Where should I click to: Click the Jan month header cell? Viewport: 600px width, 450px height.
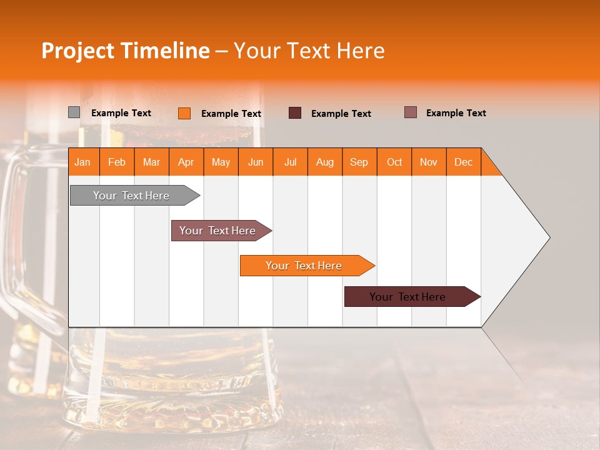(83, 162)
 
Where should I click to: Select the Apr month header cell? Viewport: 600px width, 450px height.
(186, 162)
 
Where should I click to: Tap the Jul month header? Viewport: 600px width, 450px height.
(290, 162)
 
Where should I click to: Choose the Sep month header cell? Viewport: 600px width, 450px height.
(359, 162)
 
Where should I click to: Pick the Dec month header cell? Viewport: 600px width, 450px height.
(463, 162)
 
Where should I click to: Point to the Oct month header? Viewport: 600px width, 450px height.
(394, 162)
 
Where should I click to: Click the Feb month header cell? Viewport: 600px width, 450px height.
(117, 162)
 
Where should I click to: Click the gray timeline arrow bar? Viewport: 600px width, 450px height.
(131, 196)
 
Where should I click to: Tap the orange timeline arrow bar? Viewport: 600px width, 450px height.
(304, 266)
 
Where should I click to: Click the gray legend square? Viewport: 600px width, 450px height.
(74, 112)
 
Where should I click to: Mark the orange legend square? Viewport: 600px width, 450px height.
(184, 113)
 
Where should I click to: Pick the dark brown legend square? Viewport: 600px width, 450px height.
(294, 112)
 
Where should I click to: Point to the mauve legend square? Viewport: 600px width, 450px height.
(410, 112)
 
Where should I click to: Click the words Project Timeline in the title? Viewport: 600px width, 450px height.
(125, 51)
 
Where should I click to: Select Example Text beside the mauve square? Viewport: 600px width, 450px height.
(456, 113)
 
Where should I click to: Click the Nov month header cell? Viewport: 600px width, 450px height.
(428, 162)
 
